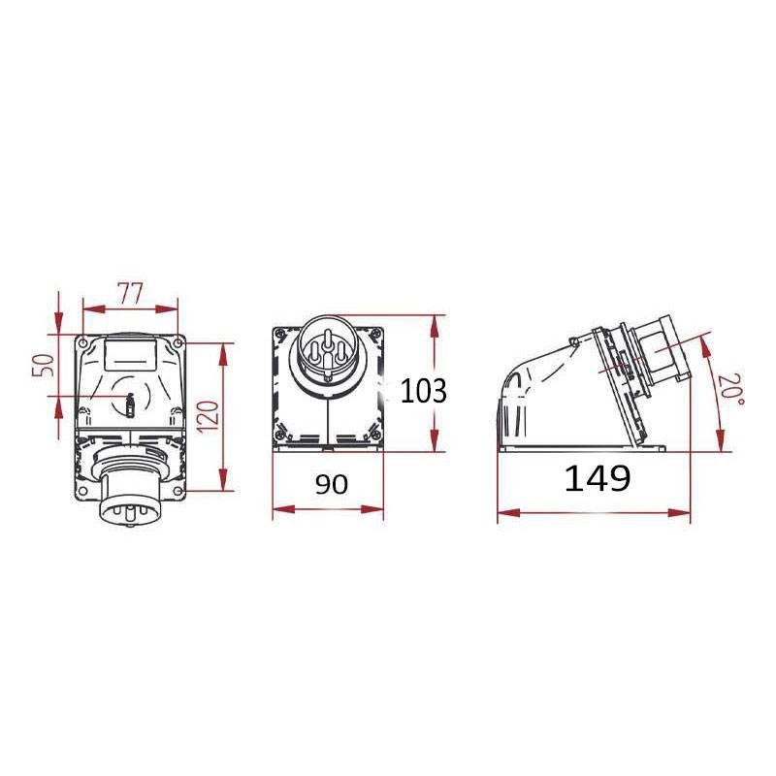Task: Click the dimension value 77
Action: click(x=130, y=293)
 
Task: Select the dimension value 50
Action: click(x=43, y=366)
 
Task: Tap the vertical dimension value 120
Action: click(x=209, y=418)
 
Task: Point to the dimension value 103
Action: click(x=423, y=391)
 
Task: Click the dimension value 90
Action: click(x=332, y=484)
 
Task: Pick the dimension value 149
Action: click(x=598, y=478)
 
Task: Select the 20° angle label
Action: click(x=731, y=389)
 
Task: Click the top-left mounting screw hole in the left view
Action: click(x=83, y=342)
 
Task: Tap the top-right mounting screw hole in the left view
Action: click(x=178, y=342)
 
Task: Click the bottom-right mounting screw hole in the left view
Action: click(x=178, y=491)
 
